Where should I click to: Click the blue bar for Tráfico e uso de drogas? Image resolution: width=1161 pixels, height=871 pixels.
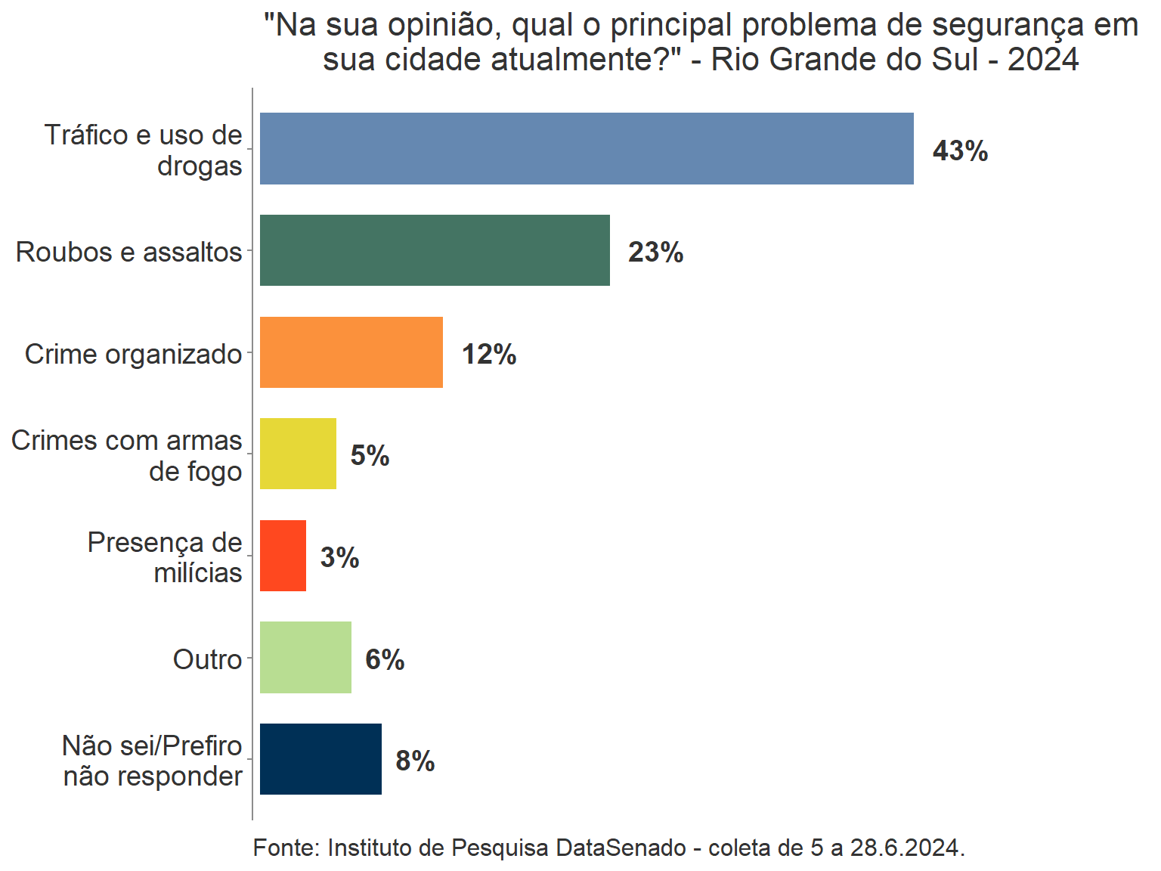point(587,148)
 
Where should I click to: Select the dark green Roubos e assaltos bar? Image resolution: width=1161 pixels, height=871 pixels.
point(435,250)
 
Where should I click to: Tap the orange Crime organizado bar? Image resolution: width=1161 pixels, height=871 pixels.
point(351,352)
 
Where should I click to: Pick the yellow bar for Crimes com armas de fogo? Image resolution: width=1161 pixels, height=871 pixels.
point(298,454)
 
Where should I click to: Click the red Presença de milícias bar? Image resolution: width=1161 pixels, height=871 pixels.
point(283,556)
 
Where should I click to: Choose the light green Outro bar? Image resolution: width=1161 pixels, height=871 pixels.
point(305,657)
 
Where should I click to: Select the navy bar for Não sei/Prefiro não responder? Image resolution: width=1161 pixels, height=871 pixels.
point(320,759)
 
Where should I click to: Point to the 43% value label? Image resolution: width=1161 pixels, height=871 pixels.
point(960,151)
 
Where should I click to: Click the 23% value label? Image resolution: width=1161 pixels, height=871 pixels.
point(655,253)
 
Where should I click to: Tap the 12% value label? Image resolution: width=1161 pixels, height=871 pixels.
point(489,355)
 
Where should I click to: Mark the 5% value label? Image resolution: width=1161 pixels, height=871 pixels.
point(370,456)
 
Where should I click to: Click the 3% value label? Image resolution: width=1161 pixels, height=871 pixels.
point(339,558)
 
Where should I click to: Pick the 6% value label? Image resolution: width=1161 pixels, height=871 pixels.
point(385,660)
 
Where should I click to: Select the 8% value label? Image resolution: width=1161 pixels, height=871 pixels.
point(415,761)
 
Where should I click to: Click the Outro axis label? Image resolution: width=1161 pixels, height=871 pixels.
point(207,659)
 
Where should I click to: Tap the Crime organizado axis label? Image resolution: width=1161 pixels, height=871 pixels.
point(133,354)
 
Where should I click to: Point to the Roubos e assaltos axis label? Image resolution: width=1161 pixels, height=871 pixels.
point(128,252)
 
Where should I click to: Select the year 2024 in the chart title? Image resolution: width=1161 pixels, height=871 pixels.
point(1043,59)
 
